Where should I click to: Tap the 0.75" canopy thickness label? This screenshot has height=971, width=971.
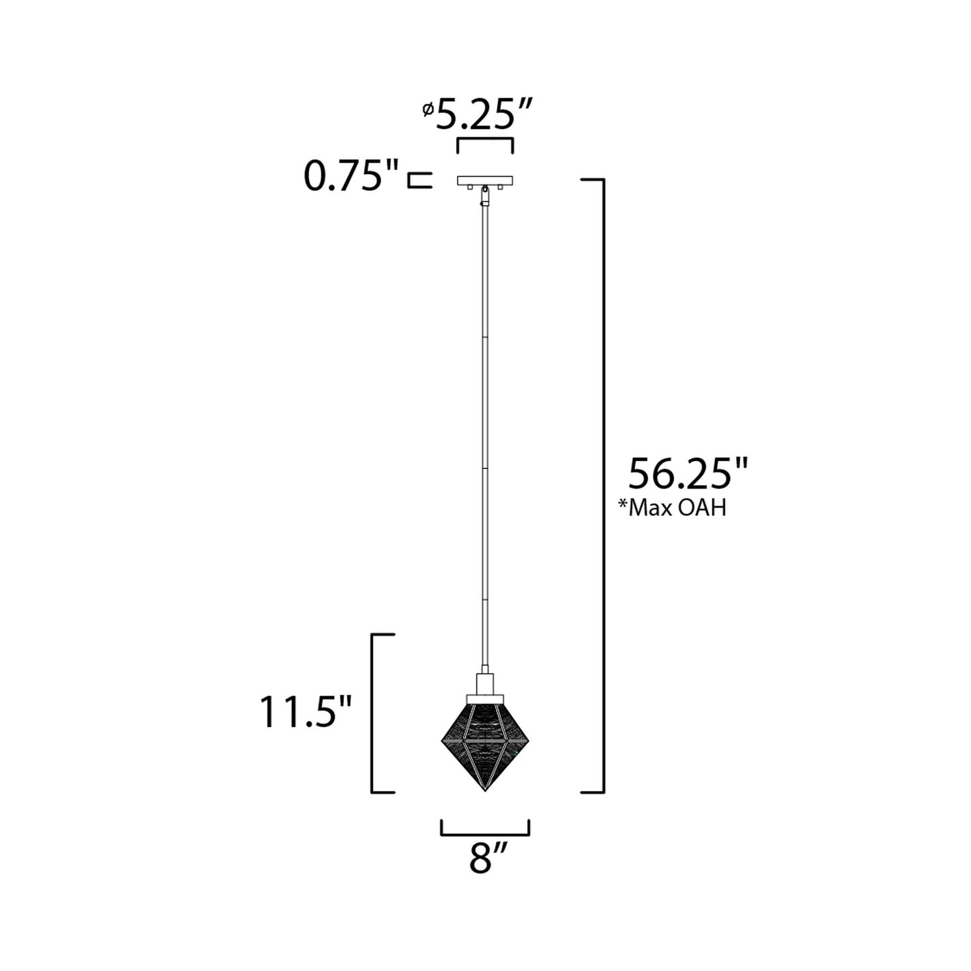point(351,177)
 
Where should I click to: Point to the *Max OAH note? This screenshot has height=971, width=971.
point(672,508)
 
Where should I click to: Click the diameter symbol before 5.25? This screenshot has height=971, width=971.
point(427,110)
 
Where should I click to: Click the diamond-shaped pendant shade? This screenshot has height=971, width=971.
point(485,743)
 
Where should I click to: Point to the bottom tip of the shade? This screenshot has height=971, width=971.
point(485,790)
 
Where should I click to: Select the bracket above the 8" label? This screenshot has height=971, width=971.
point(485,831)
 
